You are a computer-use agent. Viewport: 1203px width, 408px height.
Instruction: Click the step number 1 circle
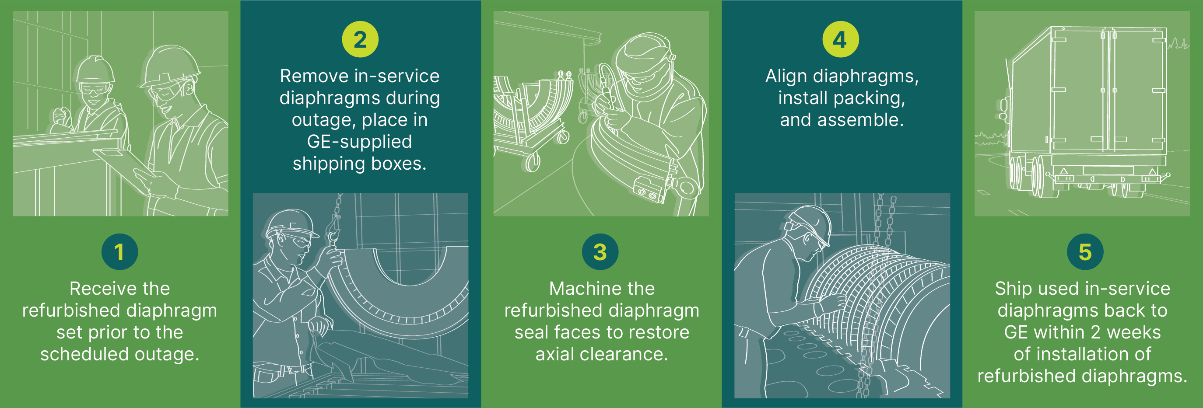pos(119,251)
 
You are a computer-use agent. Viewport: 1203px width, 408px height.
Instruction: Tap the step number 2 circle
pos(360,39)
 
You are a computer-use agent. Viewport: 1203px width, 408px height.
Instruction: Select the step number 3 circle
pos(600,251)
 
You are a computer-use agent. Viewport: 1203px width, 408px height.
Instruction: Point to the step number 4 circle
pos(840,39)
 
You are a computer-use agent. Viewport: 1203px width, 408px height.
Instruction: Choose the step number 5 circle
pos(1085,251)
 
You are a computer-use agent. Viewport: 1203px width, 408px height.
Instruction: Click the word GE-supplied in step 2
pos(359,141)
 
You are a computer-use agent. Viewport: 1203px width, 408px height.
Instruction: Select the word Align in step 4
pos(786,76)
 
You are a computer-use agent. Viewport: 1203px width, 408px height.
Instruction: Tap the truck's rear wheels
pos(1028,175)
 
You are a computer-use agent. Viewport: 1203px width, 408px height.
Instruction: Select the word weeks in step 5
pos(1133,332)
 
